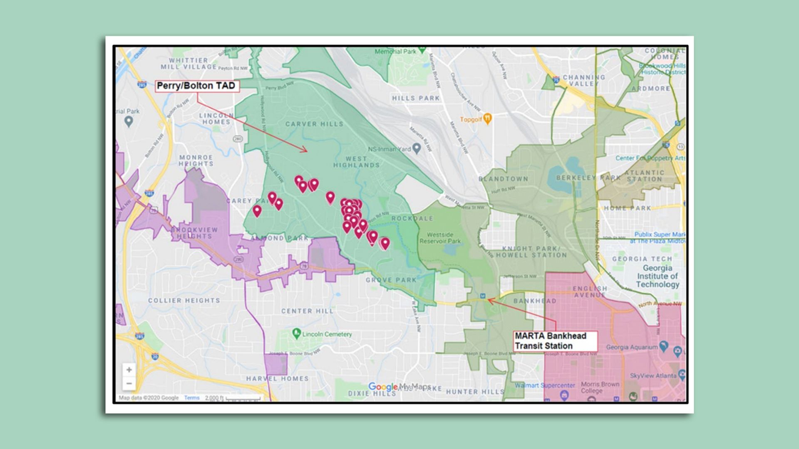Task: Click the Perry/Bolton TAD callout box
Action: click(x=196, y=86)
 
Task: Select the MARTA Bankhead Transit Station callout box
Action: click(x=555, y=341)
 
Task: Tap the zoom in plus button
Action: click(x=129, y=370)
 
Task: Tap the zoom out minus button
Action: click(x=129, y=383)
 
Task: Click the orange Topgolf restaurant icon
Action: click(x=487, y=119)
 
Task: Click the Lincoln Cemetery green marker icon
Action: click(x=296, y=333)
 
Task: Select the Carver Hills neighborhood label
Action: click(x=314, y=124)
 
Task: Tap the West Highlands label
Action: click(x=357, y=162)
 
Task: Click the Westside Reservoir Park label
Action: click(x=440, y=238)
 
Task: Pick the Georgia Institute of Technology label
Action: click(x=657, y=276)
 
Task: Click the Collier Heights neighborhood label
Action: click(x=184, y=300)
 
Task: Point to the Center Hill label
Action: click(x=307, y=311)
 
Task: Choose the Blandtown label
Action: click(x=503, y=179)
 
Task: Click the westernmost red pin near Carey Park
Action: click(x=257, y=211)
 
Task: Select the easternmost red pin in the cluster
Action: click(x=385, y=243)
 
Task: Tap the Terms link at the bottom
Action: click(x=192, y=397)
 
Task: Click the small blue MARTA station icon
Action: click(x=483, y=296)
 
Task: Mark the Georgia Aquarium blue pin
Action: click(x=664, y=345)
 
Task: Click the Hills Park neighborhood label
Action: click(x=415, y=98)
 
